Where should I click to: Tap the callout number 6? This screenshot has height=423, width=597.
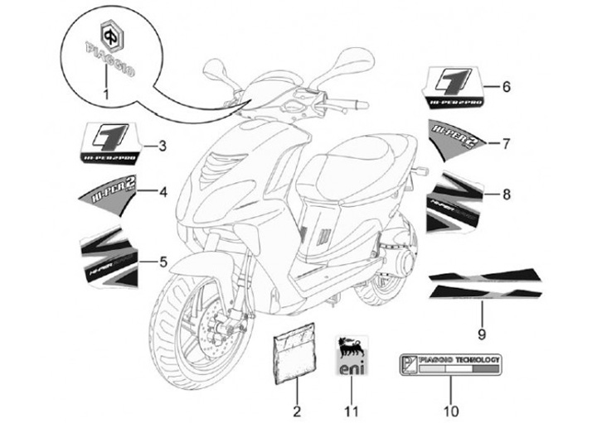point(506,85)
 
